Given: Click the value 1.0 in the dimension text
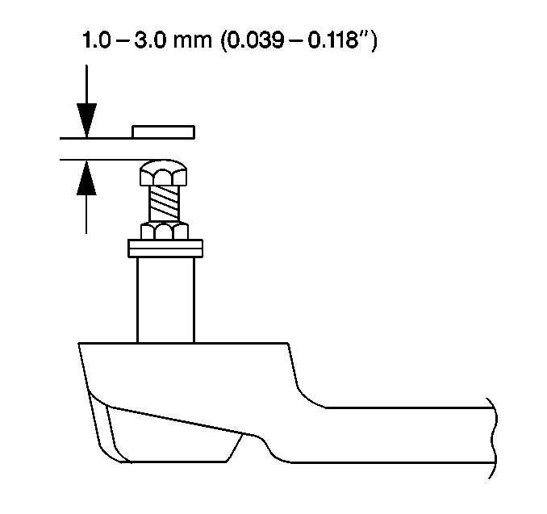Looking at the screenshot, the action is [x=96, y=40].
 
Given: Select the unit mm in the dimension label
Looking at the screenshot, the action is [x=192, y=42].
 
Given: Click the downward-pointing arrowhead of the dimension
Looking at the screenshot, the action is [x=86, y=121].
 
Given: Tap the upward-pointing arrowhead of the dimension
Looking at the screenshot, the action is [x=86, y=178].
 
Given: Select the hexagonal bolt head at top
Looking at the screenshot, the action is [x=163, y=173].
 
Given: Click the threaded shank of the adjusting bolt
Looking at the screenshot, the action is [x=164, y=204].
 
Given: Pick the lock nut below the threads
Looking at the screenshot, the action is [x=165, y=231].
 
